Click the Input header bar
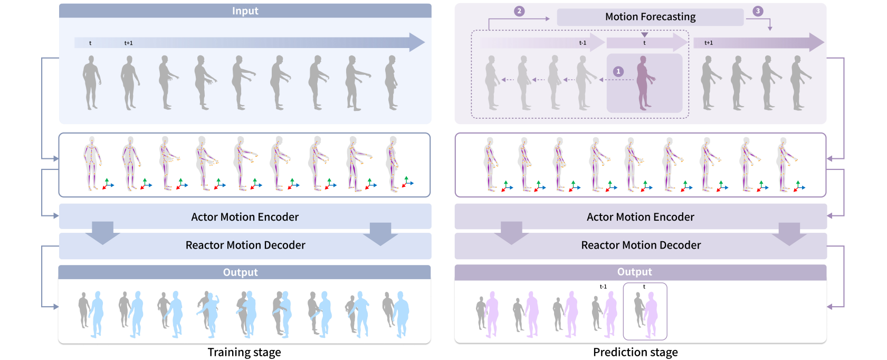[x=245, y=11]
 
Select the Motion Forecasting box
[x=650, y=17]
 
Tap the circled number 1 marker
[x=618, y=71]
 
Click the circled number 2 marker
[x=519, y=11]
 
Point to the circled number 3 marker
[x=758, y=11]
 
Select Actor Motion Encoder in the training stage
[x=245, y=217]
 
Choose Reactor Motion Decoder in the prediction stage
[x=641, y=245]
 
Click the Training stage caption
[x=244, y=352]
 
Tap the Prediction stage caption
[x=635, y=352]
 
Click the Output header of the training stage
[x=241, y=272]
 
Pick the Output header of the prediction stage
[x=635, y=272]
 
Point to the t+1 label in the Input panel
[x=129, y=43]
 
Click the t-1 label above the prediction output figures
[x=603, y=287]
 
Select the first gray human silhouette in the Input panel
[x=91, y=82]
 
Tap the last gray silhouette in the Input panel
[x=392, y=82]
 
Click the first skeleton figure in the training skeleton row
[x=92, y=164]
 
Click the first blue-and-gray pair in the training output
[x=91, y=314]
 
